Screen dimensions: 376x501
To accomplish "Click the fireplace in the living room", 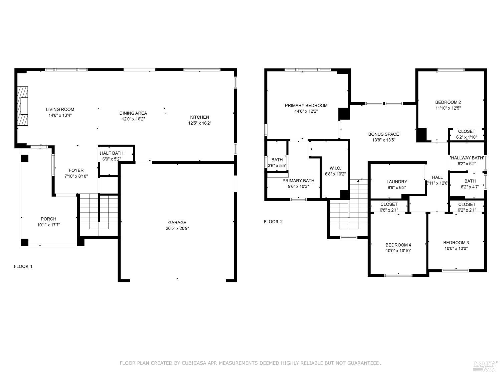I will point(23,106).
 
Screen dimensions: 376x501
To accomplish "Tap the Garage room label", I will point(177,223).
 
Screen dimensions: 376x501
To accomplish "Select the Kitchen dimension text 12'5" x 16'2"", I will point(200,123).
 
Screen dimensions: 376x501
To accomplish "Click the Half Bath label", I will point(112,153).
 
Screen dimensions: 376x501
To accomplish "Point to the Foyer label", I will point(76,170).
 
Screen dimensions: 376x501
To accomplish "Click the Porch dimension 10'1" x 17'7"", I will point(49,225).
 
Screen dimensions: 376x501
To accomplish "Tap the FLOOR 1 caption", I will point(23,266).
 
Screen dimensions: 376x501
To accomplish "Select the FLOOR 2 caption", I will point(273,222).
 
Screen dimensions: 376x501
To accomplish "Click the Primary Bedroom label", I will point(306,106).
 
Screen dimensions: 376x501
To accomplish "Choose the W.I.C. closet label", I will point(335,168).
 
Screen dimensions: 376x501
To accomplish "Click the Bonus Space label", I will point(383,134).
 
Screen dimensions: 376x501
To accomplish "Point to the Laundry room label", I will point(397,182).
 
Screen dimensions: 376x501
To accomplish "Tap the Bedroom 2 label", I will point(448,102).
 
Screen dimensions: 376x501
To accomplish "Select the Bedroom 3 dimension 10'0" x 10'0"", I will point(456,249).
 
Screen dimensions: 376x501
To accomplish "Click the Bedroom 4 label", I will point(398,245).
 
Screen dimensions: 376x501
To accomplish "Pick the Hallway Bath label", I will point(467,158).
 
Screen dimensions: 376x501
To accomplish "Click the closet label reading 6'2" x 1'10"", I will point(466,137).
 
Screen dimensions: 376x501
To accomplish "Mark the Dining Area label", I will point(133,113).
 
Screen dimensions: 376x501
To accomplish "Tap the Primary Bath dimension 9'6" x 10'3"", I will point(298,186).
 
